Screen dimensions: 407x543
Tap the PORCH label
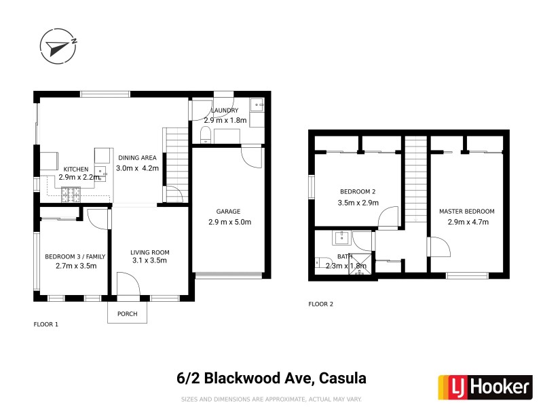tap(127, 313)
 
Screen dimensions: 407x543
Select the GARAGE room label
tap(224, 212)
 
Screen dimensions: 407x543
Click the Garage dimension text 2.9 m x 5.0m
tap(229, 222)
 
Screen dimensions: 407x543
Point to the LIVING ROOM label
tap(149, 252)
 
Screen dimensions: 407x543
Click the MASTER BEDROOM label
tap(466, 212)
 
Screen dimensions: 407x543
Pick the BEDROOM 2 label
tap(357, 192)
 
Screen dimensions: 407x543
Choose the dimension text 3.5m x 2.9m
tap(357, 202)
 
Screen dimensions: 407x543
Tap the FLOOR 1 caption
tap(46, 324)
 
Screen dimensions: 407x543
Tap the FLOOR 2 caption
tap(321, 304)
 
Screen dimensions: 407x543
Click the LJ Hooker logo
tap(483, 387)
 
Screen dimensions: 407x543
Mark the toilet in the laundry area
tap(206, 134)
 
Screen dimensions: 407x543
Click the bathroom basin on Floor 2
tap(341, 237)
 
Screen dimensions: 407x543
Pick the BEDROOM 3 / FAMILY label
tap(71, 256)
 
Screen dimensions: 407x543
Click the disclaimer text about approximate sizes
tap(271, 400)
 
